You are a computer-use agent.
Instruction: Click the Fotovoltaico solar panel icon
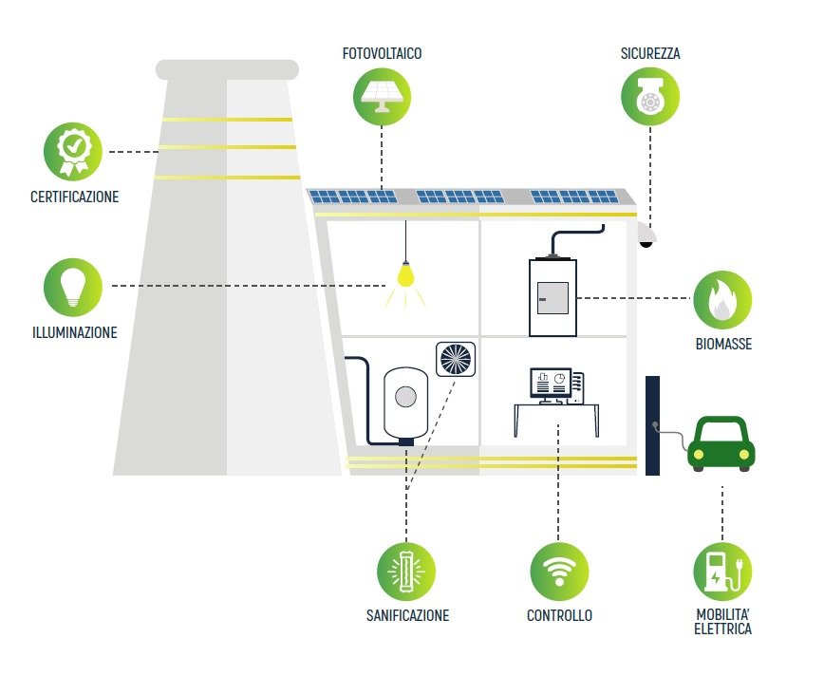(383, 96)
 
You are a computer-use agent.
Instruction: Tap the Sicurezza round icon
(650, 96)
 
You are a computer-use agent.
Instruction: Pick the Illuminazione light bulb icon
(73, 287)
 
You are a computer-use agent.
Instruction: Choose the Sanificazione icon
(406, 572)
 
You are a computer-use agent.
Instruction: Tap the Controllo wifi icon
(559, 572)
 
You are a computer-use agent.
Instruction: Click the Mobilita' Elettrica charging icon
(722, 572)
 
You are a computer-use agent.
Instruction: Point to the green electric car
(721, 444)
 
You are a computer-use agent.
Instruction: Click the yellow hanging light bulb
(406, 275)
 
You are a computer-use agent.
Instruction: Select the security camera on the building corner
(646, 236)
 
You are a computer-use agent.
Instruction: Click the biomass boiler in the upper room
(552, 295)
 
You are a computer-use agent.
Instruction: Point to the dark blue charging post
(652, 424)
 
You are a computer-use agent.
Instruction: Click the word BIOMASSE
(722, 345)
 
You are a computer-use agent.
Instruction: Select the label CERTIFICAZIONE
(74, 197)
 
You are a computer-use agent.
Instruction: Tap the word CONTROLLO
(559, 616)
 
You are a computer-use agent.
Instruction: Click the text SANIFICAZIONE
(407, 616)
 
